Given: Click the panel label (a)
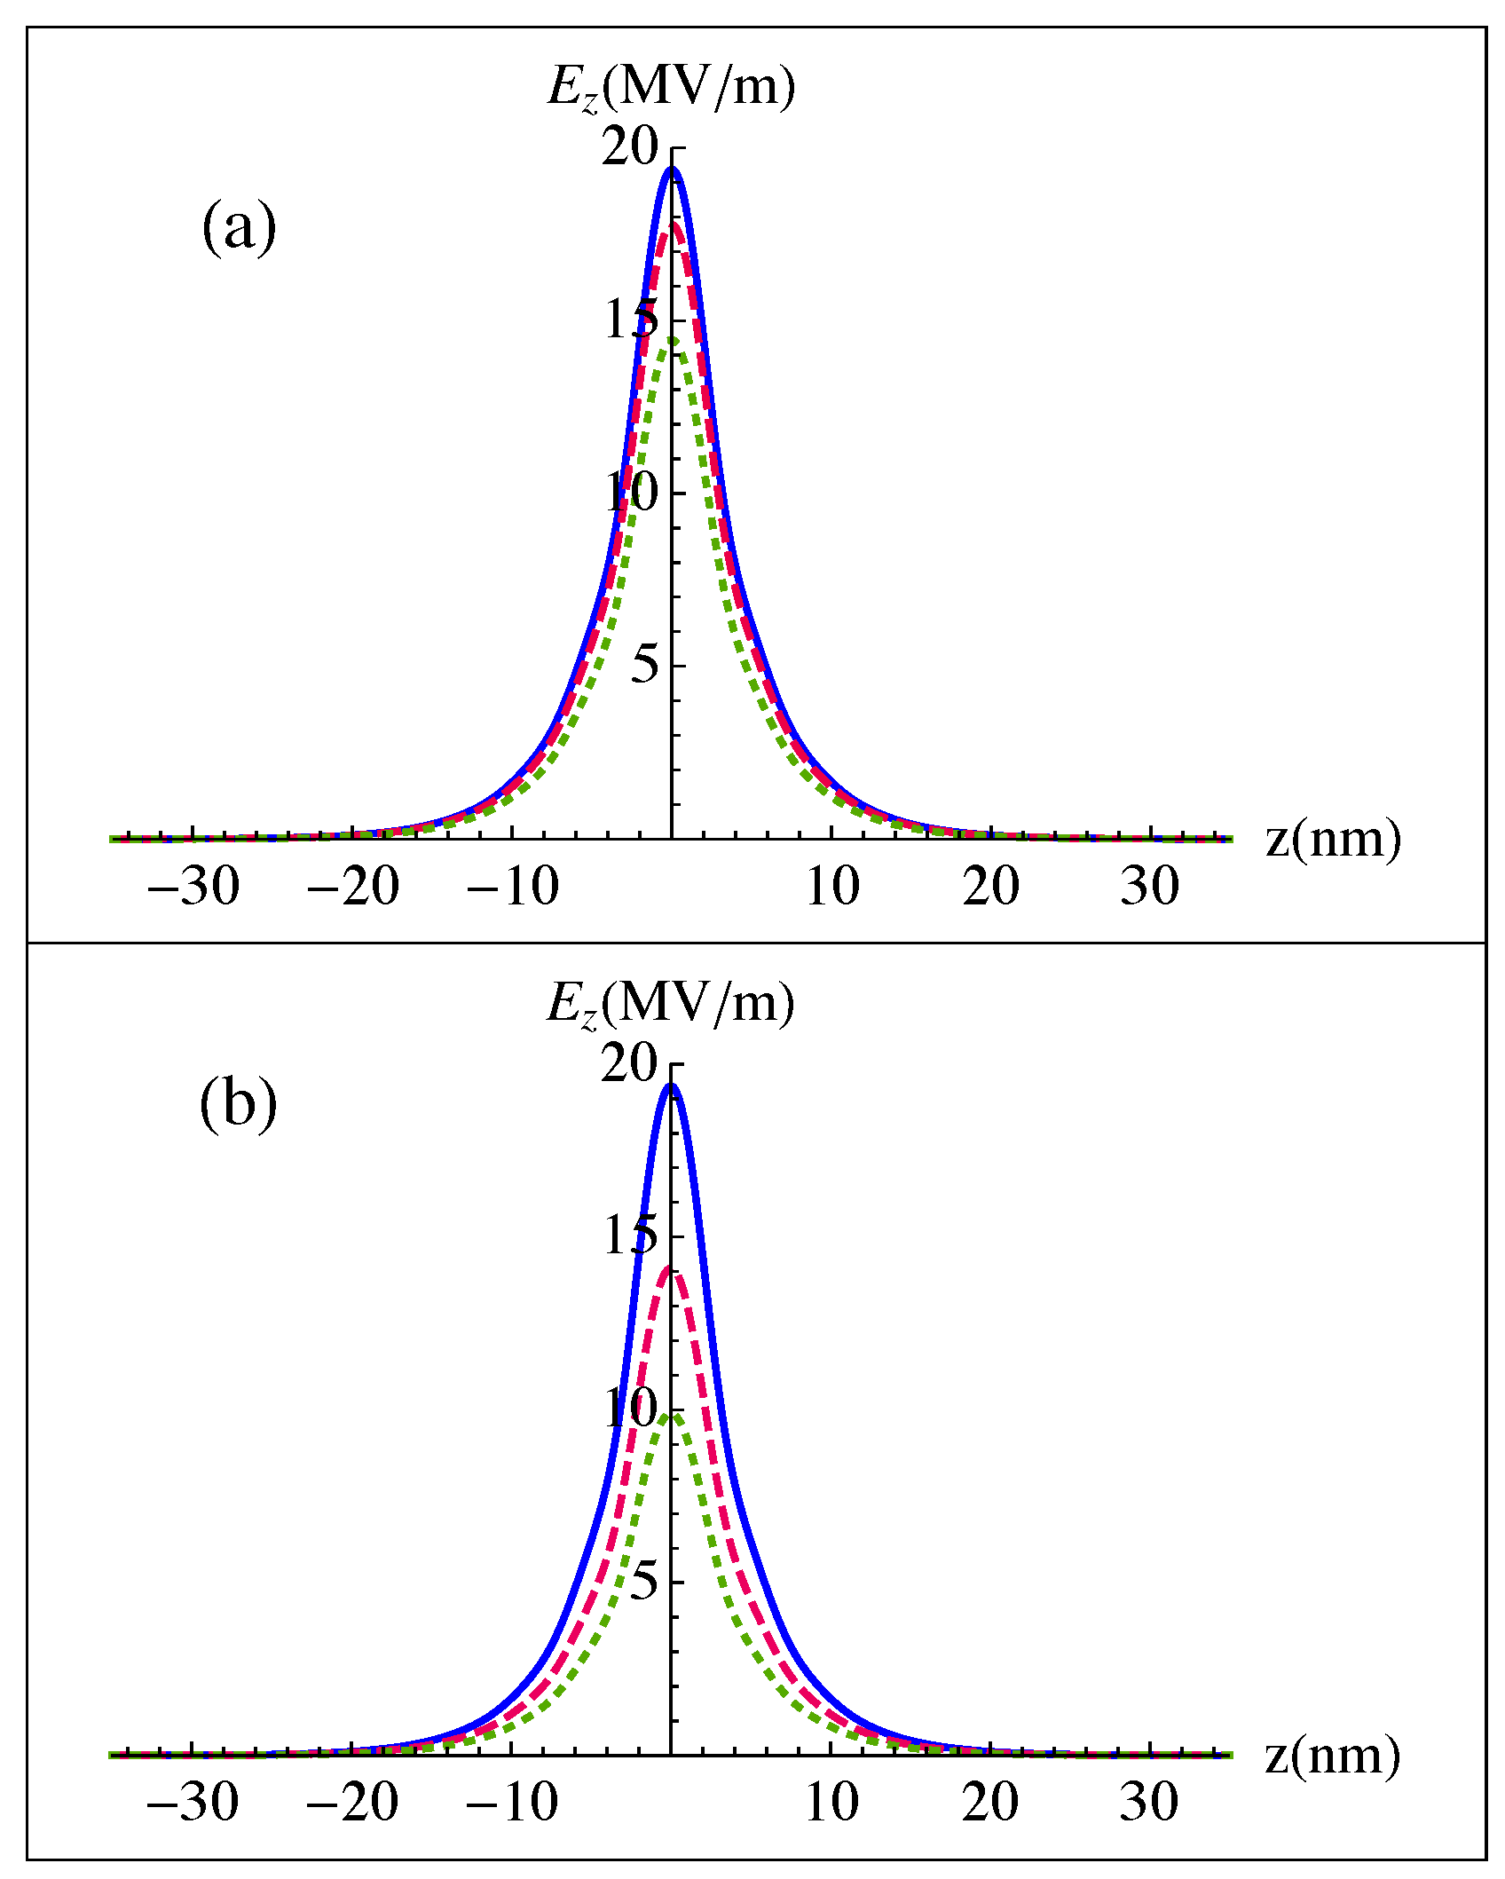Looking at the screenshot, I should click(239, 227).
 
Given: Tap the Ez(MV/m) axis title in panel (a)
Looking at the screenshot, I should click(671, 89).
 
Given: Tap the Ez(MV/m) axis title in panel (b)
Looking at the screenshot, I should click(670, 1005).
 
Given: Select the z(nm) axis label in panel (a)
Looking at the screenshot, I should click(1333, 839).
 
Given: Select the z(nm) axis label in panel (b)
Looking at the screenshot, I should click(1332, 1755).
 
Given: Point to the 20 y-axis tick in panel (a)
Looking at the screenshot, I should click(630, 146).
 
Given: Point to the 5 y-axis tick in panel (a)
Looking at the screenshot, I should click(645, 665).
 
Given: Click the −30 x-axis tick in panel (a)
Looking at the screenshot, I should click(193, 886).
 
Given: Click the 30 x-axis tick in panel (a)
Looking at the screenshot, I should click(1149, 886).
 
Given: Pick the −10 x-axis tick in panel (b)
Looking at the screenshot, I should click(512, 1802).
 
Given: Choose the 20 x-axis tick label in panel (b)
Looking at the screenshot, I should click(990, 1802).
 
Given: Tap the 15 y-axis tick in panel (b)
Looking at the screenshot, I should click(630, 1236).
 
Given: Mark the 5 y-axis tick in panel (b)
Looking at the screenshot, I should click(645, 1581).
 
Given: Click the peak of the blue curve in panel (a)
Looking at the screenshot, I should click(672, 169).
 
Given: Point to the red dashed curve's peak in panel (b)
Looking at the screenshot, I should click(672, 1267).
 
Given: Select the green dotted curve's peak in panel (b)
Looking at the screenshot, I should click(672, 1413).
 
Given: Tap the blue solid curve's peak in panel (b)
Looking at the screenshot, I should click(672, 1086).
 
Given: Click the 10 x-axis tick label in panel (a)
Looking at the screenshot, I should click(831, 886).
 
